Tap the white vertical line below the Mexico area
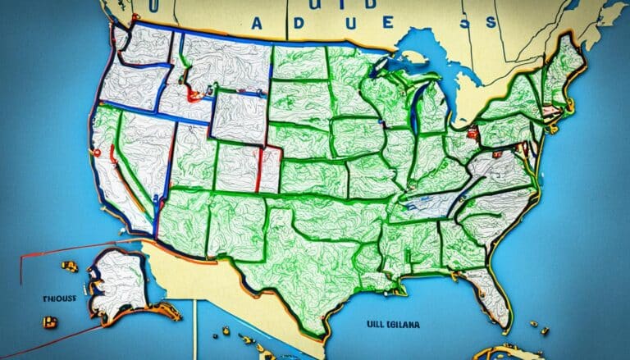195,328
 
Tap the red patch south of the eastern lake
472,130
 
